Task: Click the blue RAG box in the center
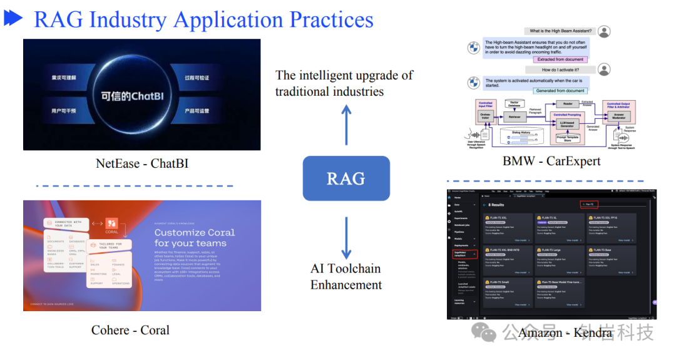tap(346, 178)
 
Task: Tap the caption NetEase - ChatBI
tap(142, 163)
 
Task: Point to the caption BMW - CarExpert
tap(551, 161)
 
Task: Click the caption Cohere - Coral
tap(130, 329)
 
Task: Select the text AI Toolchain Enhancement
tap(346, 276)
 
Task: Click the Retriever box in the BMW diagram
tap(515, 117)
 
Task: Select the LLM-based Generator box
tap(567, 124)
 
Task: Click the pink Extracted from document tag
tap(561, 59)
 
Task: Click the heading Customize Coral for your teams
tap(195, 237)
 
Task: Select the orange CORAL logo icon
tap(111, 223)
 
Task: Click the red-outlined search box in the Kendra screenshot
tap(589, 204)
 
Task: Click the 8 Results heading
tap(497, 205)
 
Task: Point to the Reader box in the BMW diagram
tap(567, 104)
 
